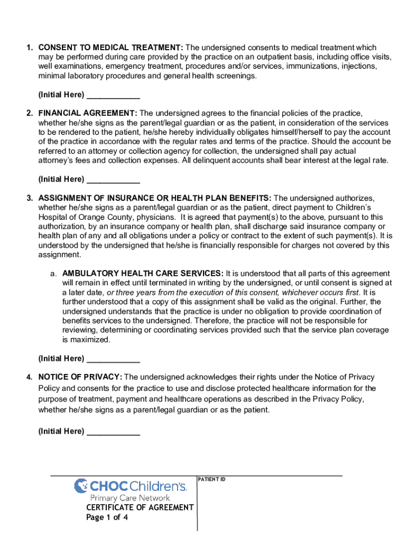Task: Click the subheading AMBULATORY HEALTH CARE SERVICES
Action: (143, 273)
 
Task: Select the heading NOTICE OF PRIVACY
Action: (80, 377)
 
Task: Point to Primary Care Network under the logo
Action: (130, 498)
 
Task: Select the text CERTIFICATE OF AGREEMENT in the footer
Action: (140, 507)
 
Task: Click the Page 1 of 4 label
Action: (107, 517)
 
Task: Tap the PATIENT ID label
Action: (211, 479)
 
